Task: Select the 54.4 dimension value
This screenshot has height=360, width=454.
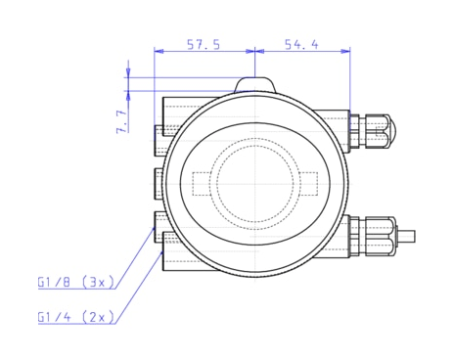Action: click(x=301, y=45)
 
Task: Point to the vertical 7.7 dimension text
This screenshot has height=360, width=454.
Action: click(x=120, y=120)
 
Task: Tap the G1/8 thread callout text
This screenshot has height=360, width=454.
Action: click(x=55, y=283)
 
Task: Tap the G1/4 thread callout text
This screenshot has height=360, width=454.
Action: click(x=55, y=317)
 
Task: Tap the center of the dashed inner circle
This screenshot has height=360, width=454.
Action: click(x=254, y=183)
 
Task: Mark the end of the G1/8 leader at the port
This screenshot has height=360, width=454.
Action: click(x=155, y=227)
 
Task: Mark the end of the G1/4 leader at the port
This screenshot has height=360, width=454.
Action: click(x=161, y=247)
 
